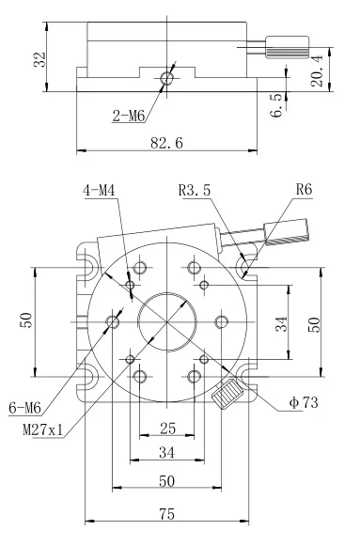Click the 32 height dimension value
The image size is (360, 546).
[x=39, y=59]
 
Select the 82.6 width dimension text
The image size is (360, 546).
[x=166, y=143]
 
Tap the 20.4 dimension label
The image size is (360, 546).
[x=317, y=70]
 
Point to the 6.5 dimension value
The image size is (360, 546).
[x=277, y=105]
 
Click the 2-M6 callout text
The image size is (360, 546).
[x=128, y=116]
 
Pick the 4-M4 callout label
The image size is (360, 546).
[x=99, y=191]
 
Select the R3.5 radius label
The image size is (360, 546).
[x=195, y=190]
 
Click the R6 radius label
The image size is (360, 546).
[x=304, y=190]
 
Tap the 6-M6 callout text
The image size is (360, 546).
[x=24, y=407]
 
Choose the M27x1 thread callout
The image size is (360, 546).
[x=43, y=430]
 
